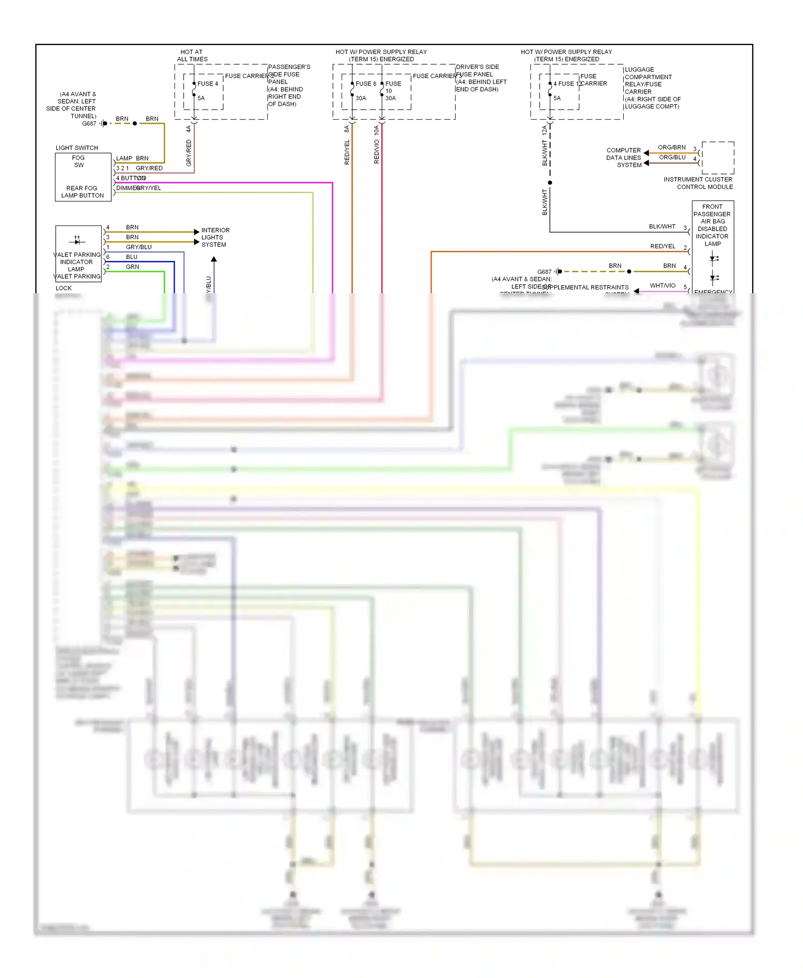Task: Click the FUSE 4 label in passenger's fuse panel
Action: point(207,83)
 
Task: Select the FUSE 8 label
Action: point(366,83)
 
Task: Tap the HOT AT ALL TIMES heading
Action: point(192,56)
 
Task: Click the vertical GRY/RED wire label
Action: point(188,153)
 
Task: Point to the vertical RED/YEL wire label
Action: point(347,152)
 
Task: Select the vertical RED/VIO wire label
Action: point(376,152)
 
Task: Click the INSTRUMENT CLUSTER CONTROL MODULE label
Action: point(698,183)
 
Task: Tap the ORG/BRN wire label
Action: point(671,147)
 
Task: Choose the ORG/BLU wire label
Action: point(672,157)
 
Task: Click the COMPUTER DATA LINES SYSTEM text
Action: point(624,157)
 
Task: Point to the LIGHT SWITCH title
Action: point(77,148)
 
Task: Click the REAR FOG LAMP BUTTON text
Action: point(82,192)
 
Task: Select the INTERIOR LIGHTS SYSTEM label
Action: point(215,237)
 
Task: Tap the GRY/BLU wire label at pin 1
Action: point(139,247)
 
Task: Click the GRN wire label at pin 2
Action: point(132,267)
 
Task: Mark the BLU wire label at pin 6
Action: point(132,257)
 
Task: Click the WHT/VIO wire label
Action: point(662,286)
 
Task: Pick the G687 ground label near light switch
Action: point(89,124)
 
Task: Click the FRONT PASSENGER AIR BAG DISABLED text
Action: point(712,221)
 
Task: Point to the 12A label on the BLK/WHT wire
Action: point(544,129)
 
